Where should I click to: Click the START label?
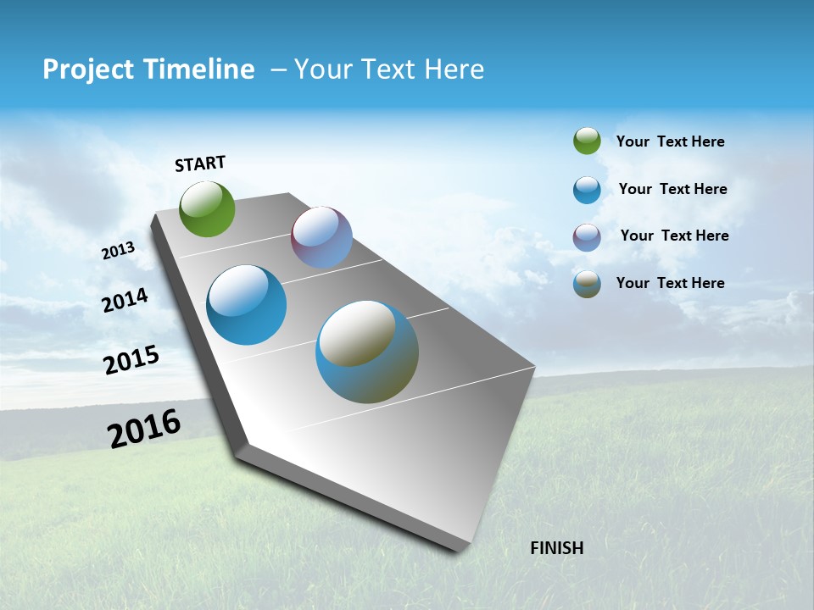click(200, 164)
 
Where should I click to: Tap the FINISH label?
click(556, 548)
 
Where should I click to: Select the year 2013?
click(118, 251)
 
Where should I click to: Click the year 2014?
click(125, 300)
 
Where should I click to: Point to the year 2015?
click(131, 359)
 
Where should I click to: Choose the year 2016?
click(144, 429)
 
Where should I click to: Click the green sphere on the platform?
click(208, 208)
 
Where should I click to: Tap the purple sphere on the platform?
click(321, 237)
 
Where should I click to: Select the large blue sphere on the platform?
click(247, 305)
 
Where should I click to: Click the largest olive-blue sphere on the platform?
click(367, 352)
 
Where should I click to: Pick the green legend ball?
click(587, 141)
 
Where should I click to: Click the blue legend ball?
click(587, 190)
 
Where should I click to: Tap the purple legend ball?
click(587, 236)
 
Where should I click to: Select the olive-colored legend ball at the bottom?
click(587, 284)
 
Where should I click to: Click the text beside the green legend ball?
click(670, 141)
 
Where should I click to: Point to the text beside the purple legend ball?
click(674, 236)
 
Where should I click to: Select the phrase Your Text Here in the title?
click(389, 69)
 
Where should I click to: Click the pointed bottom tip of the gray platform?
click(458, 549)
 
